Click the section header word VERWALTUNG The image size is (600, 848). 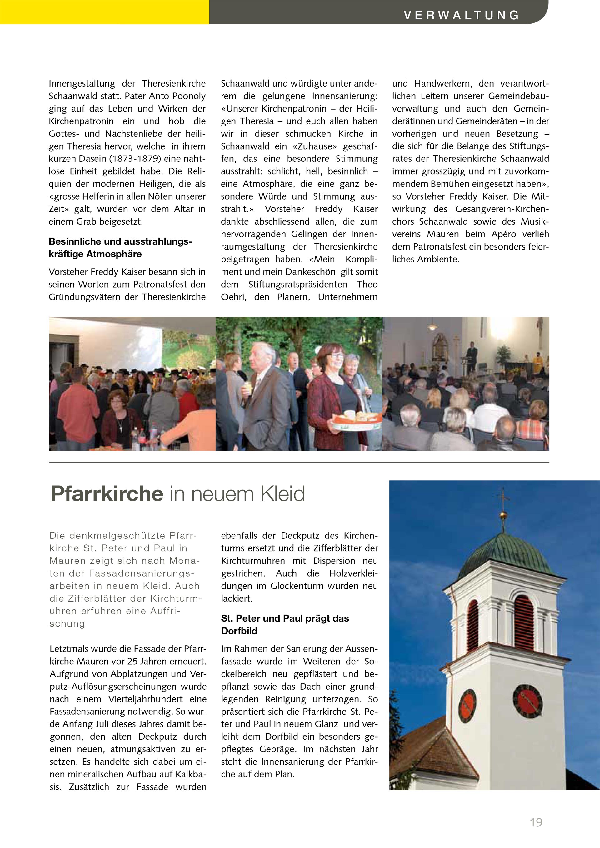pos(462,15)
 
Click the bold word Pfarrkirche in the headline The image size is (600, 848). pos(107,493)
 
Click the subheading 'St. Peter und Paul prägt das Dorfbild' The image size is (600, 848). pos(285,625)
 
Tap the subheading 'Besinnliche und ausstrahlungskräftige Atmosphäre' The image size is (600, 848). pos(120,247)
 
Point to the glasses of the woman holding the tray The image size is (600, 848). pos(337,355)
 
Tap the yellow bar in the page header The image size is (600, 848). pos(105,12)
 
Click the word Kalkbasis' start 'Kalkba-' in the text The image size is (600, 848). pos(191,774)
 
